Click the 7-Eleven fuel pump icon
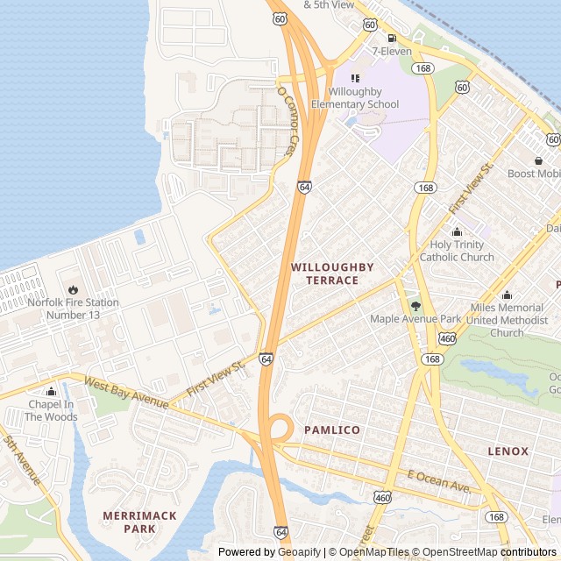point(391,38)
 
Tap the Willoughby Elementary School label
point(363,98)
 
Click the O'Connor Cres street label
point(288,121)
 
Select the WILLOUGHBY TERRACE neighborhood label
point(332,273)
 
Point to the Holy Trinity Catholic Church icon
point(456,232)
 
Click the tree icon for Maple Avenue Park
point(415,306)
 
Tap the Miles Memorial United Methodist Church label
point(507,320)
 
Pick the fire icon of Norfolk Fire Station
point(73,289)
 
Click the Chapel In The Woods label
point(51,410)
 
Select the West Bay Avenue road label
point(127,394)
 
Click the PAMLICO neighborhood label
point(332,430)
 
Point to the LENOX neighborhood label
point(508,451)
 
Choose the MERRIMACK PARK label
point(140,522)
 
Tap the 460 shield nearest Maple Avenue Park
point(448,338)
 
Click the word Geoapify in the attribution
point(299,552)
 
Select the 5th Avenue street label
point(22,460)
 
